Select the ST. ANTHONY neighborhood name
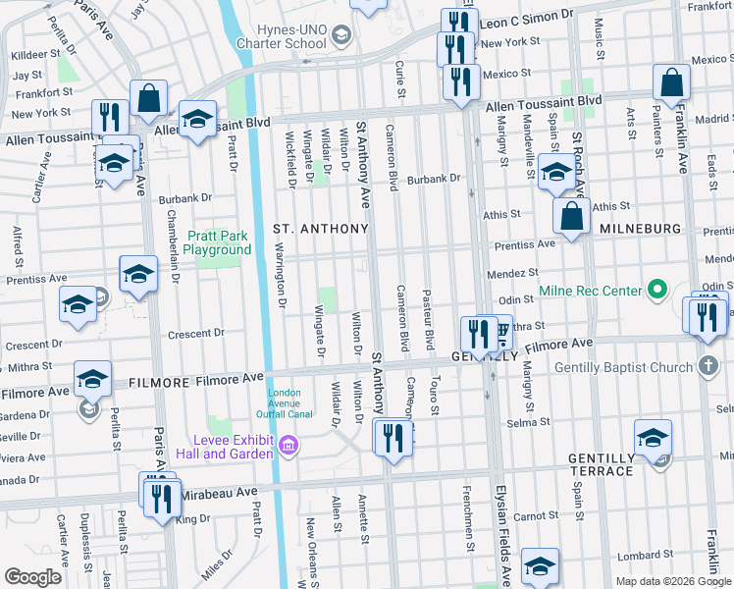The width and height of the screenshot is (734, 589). pyautogui.click(x=320, y=229)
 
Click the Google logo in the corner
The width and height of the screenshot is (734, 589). pyautogui.click(x=32, y=576)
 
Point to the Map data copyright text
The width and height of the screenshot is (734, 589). pyautogui.click(x=672, y=581)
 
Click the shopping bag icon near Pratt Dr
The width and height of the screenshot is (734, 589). pyautogui.click(x=150, y=98)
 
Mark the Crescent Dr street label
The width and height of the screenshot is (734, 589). pyautogui.click(x=196, y=334)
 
